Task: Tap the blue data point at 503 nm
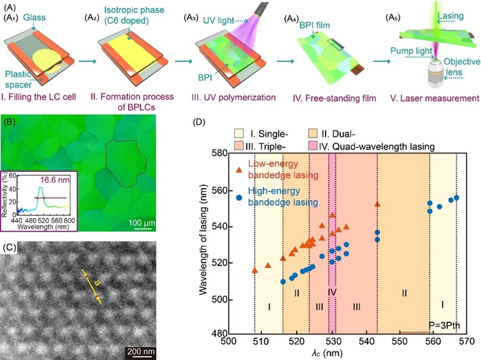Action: pyautogui.click(x=238, y=198)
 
